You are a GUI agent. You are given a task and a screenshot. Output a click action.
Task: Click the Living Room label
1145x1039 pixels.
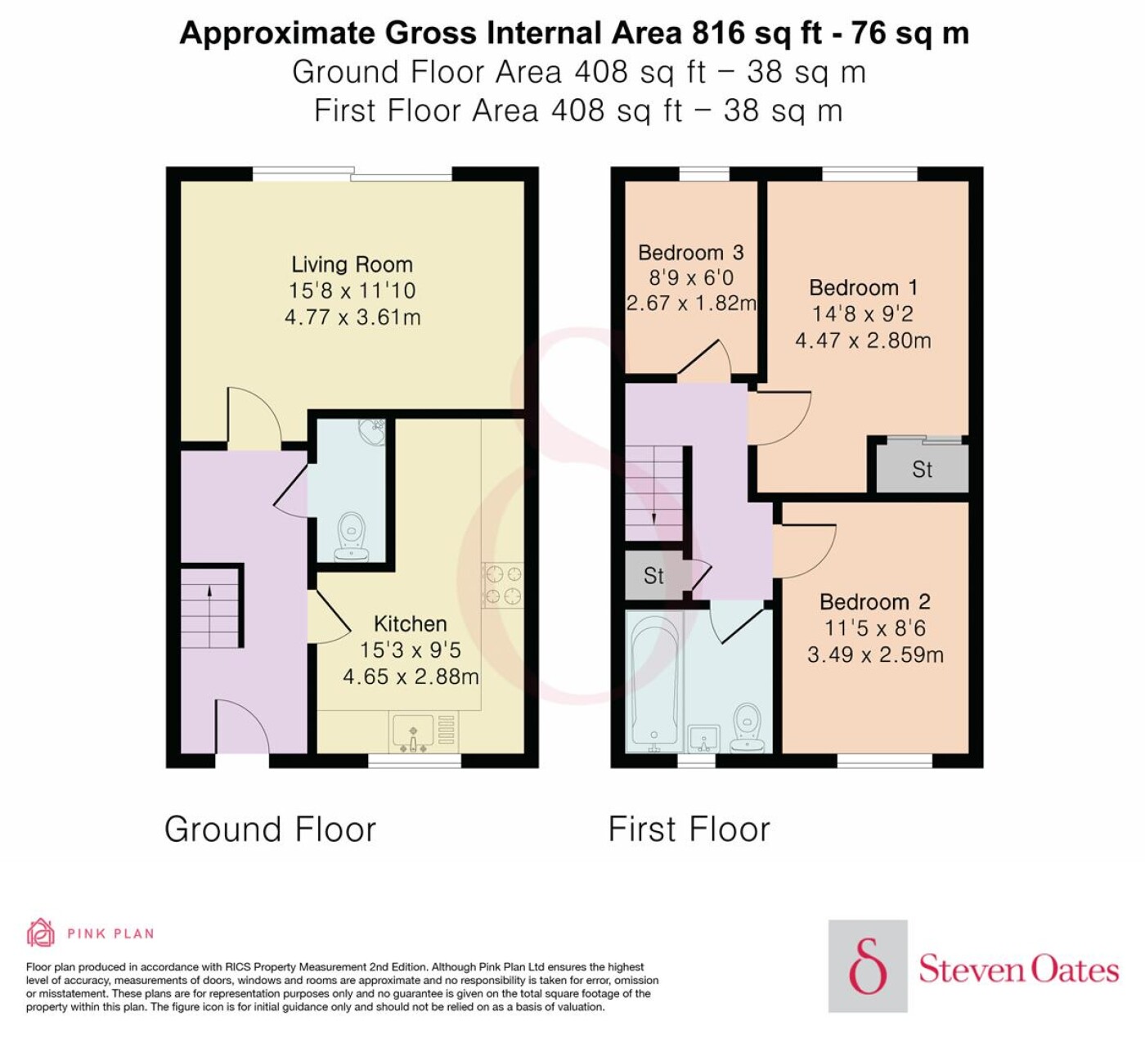(x=352, y=264)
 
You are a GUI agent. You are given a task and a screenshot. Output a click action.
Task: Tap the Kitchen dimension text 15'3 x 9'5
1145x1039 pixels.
(x=411, y=650)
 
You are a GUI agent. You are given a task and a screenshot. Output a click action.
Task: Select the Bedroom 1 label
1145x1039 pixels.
(x=863, y=287)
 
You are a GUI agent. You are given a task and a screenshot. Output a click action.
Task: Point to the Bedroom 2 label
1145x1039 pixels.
(x=875, y=601)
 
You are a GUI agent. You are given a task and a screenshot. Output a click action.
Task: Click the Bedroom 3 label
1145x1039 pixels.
(x=690, y=252)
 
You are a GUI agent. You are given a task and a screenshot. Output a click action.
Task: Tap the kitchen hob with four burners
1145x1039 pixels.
(x=503, y=585)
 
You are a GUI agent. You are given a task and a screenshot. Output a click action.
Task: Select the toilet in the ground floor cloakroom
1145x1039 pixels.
(x=351, y=537)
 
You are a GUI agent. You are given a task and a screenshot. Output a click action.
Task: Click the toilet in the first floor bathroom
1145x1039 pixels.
(x=748, y=728)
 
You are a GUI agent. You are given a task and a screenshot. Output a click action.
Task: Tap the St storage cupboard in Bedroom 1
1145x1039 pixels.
(x=922, y=469)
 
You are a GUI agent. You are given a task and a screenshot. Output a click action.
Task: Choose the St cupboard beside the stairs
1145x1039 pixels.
(x=654, y=575)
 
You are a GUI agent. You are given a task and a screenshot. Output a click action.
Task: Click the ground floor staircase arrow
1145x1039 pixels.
(x=209, y=616)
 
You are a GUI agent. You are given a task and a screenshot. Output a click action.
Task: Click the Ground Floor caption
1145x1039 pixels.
(x=271, y=829)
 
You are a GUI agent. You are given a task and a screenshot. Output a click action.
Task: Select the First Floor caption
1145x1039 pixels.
(x=689, y=829)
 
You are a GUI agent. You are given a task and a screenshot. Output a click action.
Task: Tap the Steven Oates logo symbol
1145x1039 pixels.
(x=868, y=965)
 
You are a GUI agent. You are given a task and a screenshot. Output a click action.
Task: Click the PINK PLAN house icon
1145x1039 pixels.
(x=41, y=933)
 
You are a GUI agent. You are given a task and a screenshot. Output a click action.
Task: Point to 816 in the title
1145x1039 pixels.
(x=719, y=33)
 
